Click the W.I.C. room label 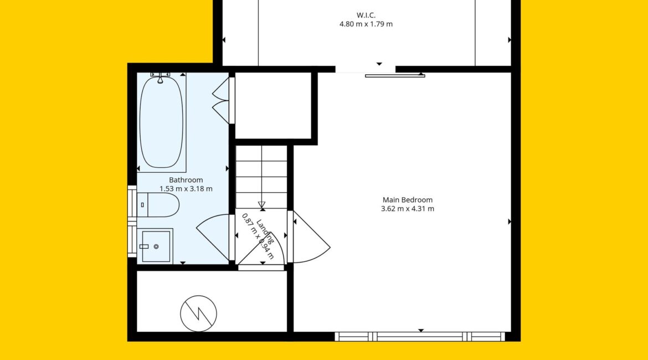[366, 16]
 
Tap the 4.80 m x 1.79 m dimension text [366, 24]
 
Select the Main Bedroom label [408, 199]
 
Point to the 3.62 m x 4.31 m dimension [408, 209]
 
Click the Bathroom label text [186, 180]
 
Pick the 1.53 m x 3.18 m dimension [186, 189]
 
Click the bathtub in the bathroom [161, 122]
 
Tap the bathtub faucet [161, 78]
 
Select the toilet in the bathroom [158, 205]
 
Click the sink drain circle [156, 247]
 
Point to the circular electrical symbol [198, 313]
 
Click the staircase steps [261, 177]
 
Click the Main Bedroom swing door [309, 237]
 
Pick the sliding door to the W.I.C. [395, 76]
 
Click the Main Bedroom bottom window [420, 336]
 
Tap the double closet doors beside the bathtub [221, 101]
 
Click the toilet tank [142, 205]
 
